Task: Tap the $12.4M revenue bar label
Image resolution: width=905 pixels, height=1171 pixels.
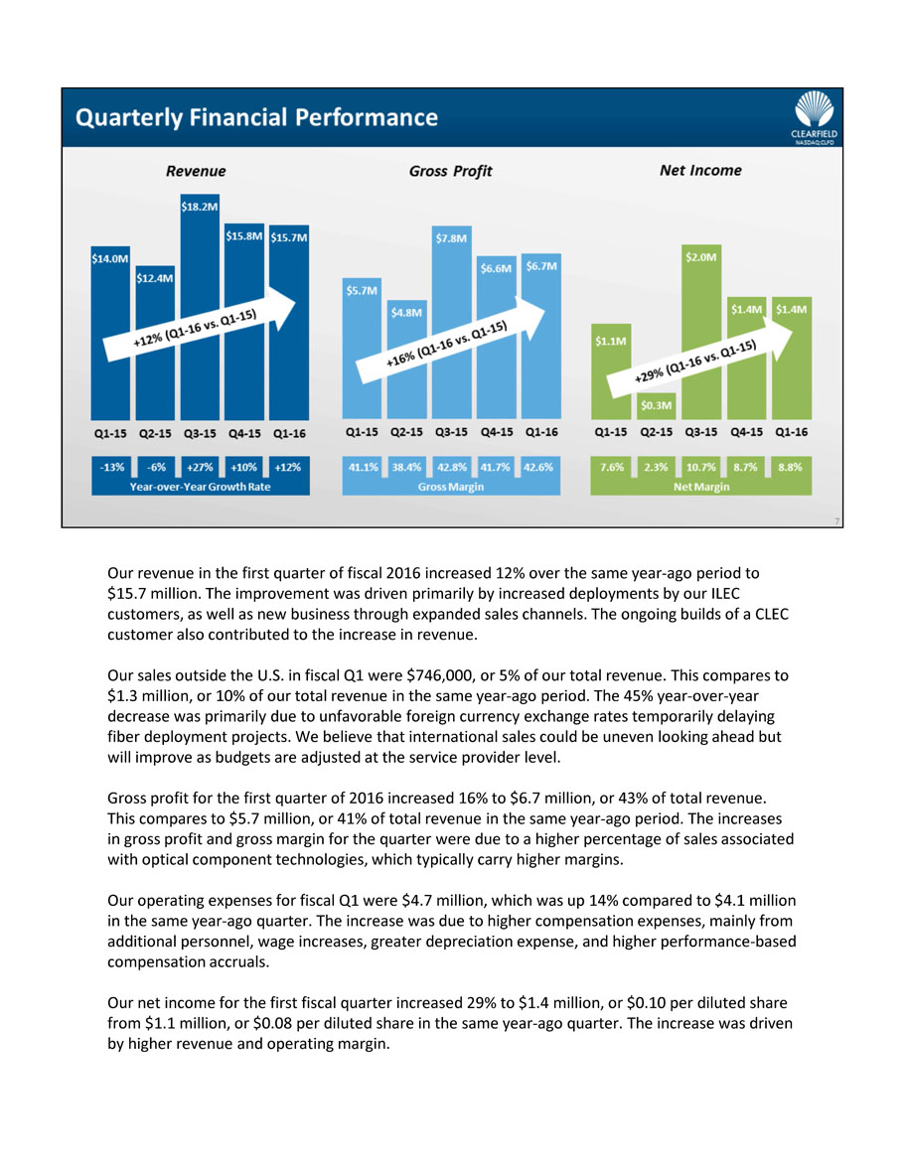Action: click(x=155, y=278)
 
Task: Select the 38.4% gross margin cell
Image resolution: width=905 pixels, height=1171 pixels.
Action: click(x=406, y=466)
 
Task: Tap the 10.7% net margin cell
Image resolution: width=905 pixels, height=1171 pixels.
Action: click(x=701, y=466)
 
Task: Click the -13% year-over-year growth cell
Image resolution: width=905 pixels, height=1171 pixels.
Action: click(x=111, y=466)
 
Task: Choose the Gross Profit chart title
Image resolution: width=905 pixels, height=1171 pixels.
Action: click(x=450, y=171)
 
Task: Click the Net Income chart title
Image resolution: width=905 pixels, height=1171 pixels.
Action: click(x=700, y=170)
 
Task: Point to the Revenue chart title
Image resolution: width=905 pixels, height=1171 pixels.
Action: click(x=196, y=171)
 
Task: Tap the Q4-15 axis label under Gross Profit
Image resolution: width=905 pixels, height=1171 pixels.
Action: click(x=497, y=433)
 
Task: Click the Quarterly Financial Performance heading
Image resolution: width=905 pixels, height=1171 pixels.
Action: click(x=256, y=117)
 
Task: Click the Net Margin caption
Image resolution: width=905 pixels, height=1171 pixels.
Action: click(x=701, y=487)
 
